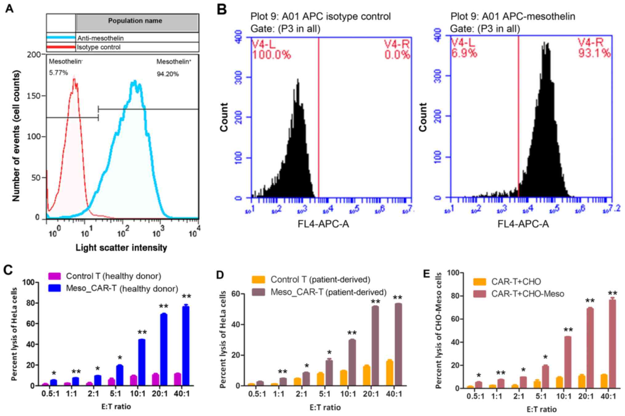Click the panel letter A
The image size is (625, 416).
click(x=9, y=9)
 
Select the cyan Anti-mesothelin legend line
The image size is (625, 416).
click(x=61, y=38)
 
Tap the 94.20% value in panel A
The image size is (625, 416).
click(x=167, y=74)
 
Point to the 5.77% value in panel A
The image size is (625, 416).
click(x=58, y=73)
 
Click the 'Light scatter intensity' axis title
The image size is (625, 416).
click(x=121, y=248)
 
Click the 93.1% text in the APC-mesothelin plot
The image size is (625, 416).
click(x=594, y=54)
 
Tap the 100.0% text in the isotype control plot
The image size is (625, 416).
click(x=271, y=55)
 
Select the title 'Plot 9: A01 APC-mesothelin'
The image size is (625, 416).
click(x=513, y=16)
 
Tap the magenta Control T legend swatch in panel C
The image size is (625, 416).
click(x=54, y=276)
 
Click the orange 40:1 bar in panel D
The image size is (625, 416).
click(x=389, y=373)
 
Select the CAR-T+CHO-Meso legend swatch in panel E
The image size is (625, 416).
click(x=479, y=294)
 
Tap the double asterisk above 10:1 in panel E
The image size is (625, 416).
click(x=568, y=330)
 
